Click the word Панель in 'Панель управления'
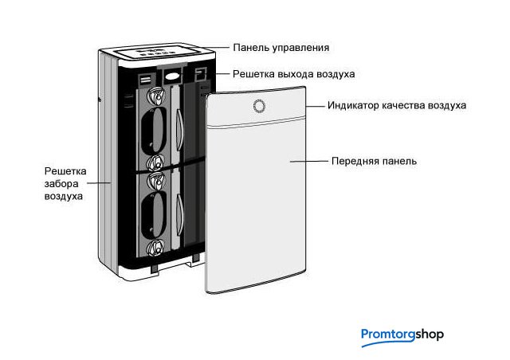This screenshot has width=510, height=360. click(249, 49)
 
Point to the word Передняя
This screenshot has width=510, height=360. click(354, 161)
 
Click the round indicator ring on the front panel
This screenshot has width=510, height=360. click(258, 106)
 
